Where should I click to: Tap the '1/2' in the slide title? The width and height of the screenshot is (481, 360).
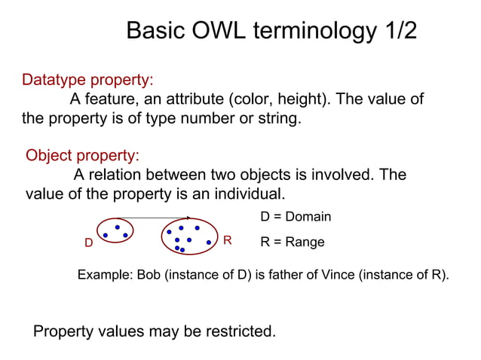(395, 31)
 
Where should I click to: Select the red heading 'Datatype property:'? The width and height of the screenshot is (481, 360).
(88, 80)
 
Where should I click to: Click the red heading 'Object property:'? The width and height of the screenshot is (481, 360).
(83, 156)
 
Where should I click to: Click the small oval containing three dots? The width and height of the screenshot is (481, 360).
(115, 230)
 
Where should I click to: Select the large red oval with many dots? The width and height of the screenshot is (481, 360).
(188, 236)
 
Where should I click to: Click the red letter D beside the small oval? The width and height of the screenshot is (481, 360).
(88, 243)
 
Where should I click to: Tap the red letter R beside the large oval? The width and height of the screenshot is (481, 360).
(227, 240)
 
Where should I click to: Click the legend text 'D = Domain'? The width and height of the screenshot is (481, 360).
(296, 217)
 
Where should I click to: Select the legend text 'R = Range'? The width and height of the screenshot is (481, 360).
(293, 243)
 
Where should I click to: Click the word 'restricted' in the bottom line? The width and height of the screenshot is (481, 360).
(240, 331)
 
